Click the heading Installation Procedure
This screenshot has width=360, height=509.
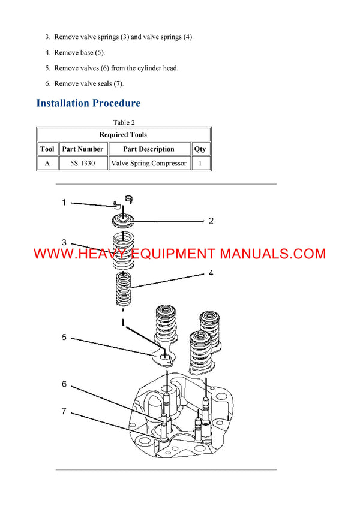click(x=88, y=103)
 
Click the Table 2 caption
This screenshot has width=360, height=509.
click(x=124, y=123)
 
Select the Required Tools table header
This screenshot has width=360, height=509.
click(x=123, y=135)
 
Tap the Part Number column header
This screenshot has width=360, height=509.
click(x=83, y=149)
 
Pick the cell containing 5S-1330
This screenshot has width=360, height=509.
click(x=83, y=163)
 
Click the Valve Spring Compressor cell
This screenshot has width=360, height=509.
click(x=149, y=163)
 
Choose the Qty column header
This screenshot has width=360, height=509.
click(x=200, y=149)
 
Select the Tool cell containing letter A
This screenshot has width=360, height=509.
click(x=47, y=163)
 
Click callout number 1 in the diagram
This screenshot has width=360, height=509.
click(x=64, y=203)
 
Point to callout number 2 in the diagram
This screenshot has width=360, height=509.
click(x=211, y=221)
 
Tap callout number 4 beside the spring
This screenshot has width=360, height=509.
click(x=211, y=273)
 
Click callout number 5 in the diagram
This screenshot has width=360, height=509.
click(x=64, y=338)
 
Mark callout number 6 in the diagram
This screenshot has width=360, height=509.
click(x=64, y=384)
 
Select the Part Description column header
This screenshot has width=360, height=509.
click(x=149, y=149)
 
